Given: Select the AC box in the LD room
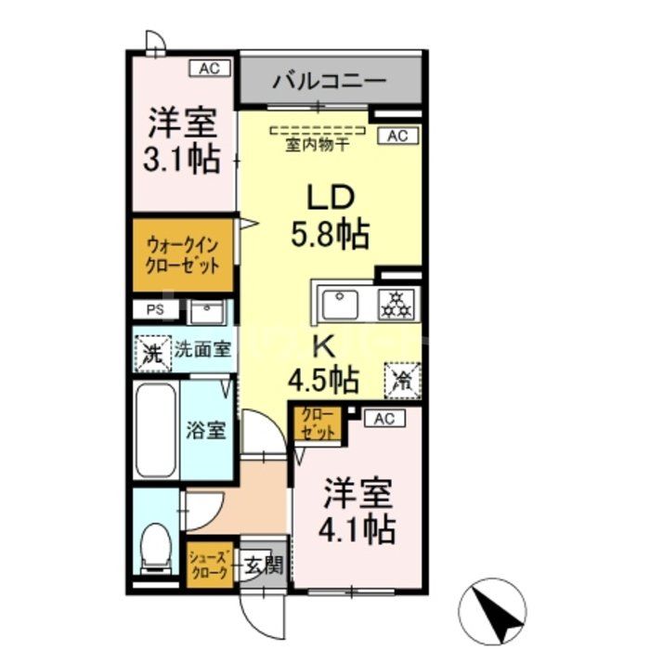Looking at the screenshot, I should (x=397, y=136).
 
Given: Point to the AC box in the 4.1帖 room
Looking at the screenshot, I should (x=384, y=419).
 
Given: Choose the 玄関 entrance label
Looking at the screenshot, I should (x=263, y=565).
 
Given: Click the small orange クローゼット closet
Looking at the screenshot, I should (x=317, y=423).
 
